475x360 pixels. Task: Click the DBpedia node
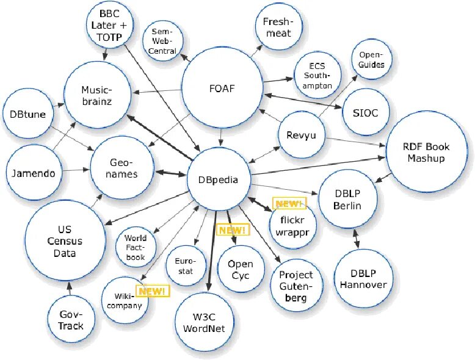click(218, 179)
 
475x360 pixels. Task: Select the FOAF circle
click(222, 90)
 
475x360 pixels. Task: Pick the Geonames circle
click(123, 168)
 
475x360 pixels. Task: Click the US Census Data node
click(65, 240)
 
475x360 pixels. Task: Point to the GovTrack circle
click(71, 320)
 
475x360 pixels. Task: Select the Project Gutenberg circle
click(296, 287)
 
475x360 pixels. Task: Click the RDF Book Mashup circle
click(426, 152)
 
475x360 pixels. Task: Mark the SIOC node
click(365, 113)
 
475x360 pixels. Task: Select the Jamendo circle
click(33, 173)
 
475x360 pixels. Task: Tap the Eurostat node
click(184, 266)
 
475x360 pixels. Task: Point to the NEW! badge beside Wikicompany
click(154, 291)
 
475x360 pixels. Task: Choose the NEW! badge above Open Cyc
click(232, 230)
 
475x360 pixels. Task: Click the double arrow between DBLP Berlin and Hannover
click(356, 240)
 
